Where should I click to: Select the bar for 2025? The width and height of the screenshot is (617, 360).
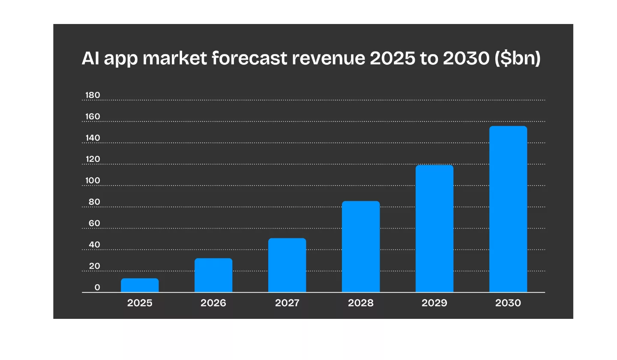pos(140,285)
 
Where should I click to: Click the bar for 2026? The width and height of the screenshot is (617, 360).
pos(213,275)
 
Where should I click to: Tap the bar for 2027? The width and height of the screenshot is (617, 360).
pos(287,265)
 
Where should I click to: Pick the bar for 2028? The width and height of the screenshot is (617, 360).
pos(361,247)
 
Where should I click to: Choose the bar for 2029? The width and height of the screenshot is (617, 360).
pos(434,229)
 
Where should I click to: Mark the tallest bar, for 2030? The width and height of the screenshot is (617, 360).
pos(508,209)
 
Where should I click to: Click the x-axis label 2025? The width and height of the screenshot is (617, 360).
pos(140,303)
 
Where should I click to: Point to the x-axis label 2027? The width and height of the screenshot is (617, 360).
pos(287,303)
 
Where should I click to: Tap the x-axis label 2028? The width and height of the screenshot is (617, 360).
pos(361,303)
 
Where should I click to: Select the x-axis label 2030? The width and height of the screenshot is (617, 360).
pos(508,303)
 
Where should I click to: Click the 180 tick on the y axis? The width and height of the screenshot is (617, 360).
pos(93,95)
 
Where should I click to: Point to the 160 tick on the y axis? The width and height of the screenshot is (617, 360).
pos(93,117)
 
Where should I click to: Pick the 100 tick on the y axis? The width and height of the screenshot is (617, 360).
pos(93,180)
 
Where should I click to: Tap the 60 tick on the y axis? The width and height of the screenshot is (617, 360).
pos(94,223)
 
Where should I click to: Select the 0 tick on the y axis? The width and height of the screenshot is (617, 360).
pos(97,288)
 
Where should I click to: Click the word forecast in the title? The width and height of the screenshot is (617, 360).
pos(250,59)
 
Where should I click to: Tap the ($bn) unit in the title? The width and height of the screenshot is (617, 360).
pos(518,59)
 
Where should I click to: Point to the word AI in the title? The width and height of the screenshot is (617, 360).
pos(90,59)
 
